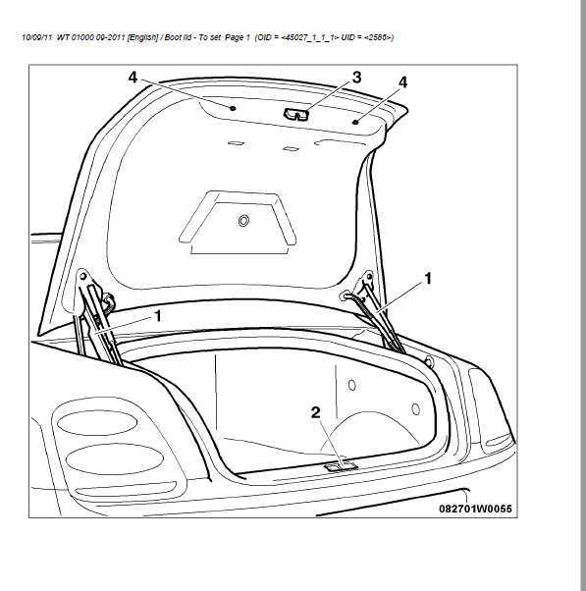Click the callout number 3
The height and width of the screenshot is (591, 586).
click(x=356, y=78)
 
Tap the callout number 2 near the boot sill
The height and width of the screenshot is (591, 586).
click(x=316, y=412)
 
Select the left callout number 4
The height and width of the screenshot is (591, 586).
click(x=133, y=78)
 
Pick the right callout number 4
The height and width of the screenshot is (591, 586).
click(x=402, y=82)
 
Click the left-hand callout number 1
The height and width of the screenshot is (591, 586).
click(x=158, y=316)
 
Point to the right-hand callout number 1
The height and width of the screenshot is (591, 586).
click(x=428, y=279)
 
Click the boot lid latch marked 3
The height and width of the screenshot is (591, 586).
click(x=296, y=115)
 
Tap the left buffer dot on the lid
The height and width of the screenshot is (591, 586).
click(x=233, y=108)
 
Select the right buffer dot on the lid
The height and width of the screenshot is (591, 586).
click(x=355, y=122)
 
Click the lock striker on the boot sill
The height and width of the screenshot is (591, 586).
click(x=341, y=467)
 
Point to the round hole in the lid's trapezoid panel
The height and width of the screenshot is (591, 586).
click(x=243, y=221)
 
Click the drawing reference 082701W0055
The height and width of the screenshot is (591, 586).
click(x=476, y=509)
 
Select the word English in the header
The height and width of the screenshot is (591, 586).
click(x=143, y=37)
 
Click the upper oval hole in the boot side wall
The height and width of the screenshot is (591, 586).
click(x=352, y=385)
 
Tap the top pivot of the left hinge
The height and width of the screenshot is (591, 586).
click(x=82, y=277)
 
